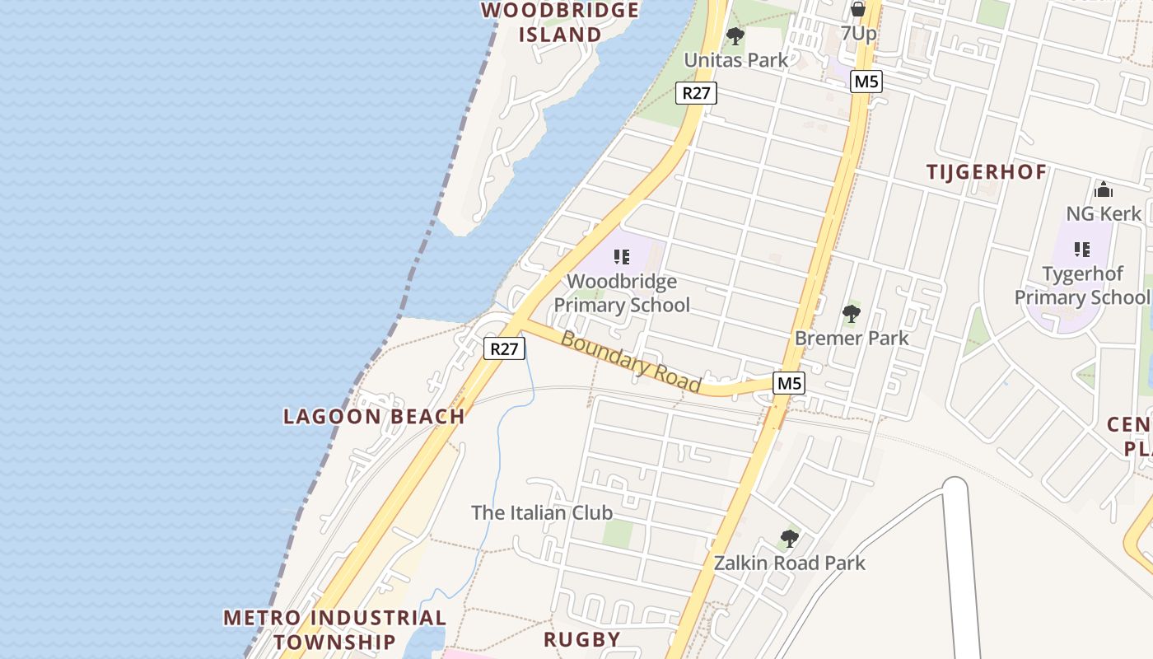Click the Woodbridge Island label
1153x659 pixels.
pyautogui.click(x=560, y=22)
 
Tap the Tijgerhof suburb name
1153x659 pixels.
pyautogui.click(x=987, y=172)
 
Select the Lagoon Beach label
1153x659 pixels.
pyautogui.click(x=374, y=416)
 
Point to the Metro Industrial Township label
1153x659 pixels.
pyautogui.click(x=334, y=629)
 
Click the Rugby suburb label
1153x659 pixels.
pyautogui.click(x=582, y=639)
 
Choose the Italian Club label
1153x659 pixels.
pyautogui.click(x=542, y=512)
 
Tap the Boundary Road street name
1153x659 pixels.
pyautogui.click(x=630, y=362)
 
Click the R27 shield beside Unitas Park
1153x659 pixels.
pyautogui.click(x=696, y=93)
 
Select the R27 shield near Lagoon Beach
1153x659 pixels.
pyautogui.click(x=504, y=348)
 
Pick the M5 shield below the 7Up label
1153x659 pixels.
pyautogui.click(x=866, y=82)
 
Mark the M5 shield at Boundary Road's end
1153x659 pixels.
pyautogui.click(x=789, y=383)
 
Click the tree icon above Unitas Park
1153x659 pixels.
pyautogui.click(x=735, y=36)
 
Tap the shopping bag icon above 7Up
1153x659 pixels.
pyautogui.click(x=858, y=9)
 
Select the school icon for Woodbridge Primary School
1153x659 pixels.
pyautogui.click(x=622, y=256)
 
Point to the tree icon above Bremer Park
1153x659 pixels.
pyautogui.click(x=852, y=313)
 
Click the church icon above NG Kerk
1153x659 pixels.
pyautogui.click(x=1104, y=189)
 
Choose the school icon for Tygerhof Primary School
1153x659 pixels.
pyautogui.click(x=1082, y=249)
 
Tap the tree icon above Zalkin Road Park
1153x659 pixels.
pyautogui.click(x=790, y=540)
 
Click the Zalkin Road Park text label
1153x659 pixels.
pyautogui.click(x=790, y=563)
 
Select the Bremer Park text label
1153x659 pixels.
pyautogui.click(x=852, y=338)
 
